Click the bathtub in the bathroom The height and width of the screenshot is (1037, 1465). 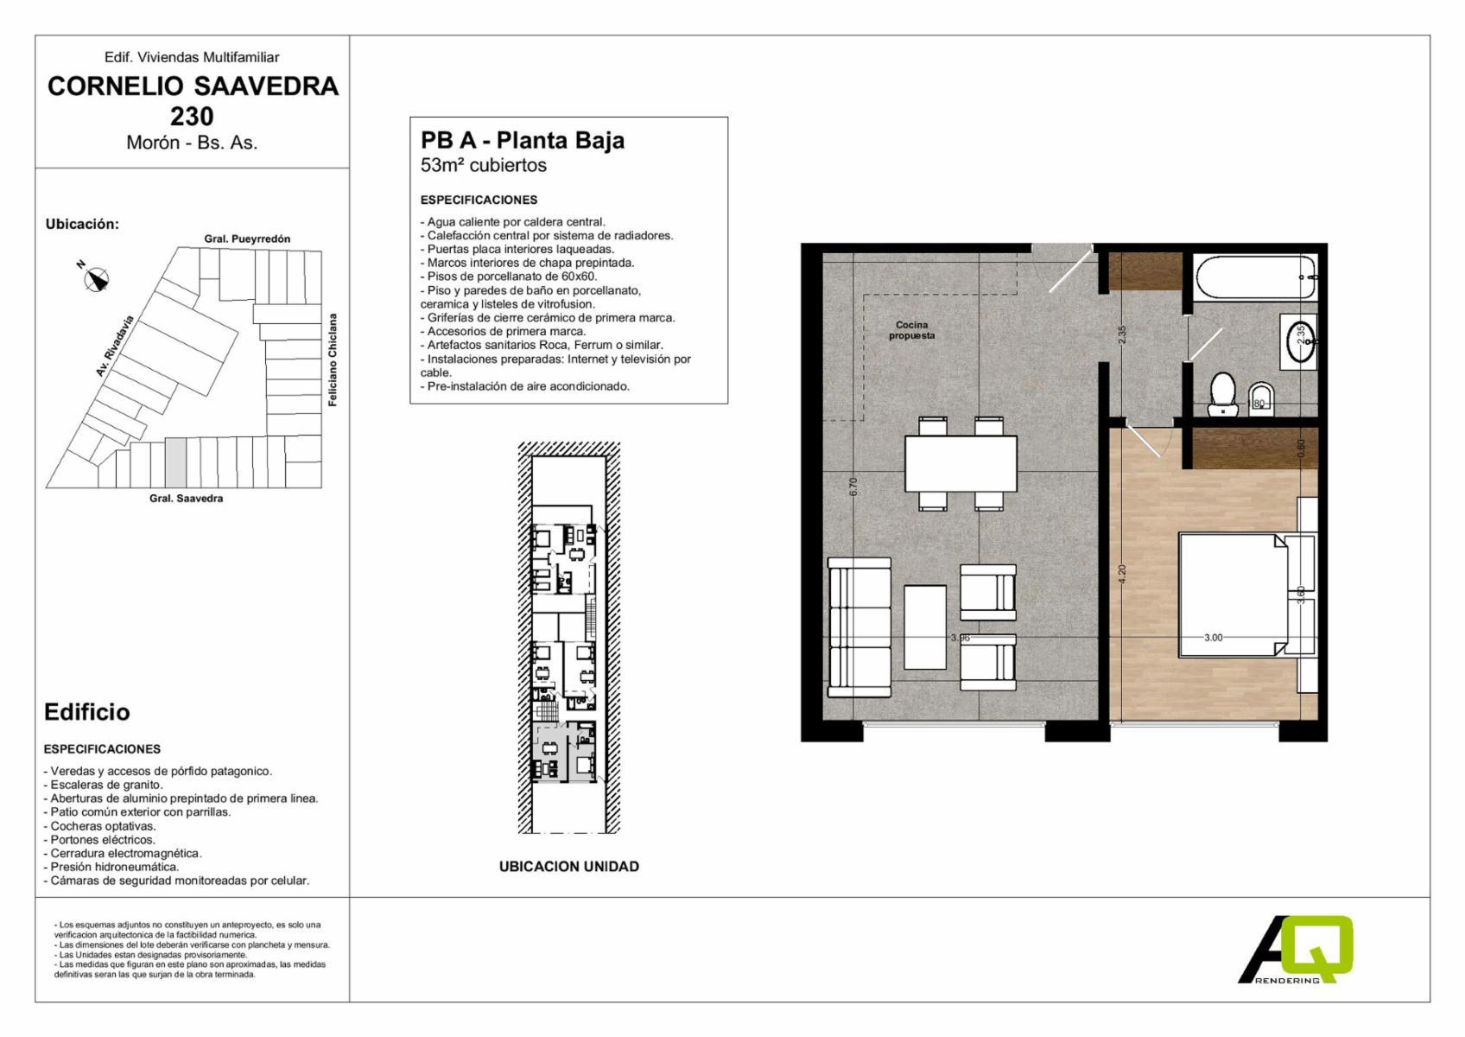1253,277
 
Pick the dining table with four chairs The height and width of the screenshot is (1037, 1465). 961,464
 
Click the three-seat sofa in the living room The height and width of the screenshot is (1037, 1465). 859,627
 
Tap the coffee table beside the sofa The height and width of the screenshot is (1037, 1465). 925,627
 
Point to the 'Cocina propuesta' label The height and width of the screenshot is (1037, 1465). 911,330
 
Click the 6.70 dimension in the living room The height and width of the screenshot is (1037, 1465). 853,487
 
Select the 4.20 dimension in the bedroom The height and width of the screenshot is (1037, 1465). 1122,575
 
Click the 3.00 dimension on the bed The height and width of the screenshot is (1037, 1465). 1213,637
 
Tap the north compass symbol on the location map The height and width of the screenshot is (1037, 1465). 96,278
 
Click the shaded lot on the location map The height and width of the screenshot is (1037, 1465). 175,462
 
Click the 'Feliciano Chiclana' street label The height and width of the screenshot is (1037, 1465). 333,359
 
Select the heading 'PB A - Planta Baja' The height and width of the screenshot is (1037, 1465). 522,140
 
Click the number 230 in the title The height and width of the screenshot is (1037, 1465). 192,117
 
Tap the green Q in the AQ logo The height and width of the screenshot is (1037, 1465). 1316,948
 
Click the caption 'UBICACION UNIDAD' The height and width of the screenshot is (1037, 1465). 569,866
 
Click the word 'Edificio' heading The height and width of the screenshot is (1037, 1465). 87,712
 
